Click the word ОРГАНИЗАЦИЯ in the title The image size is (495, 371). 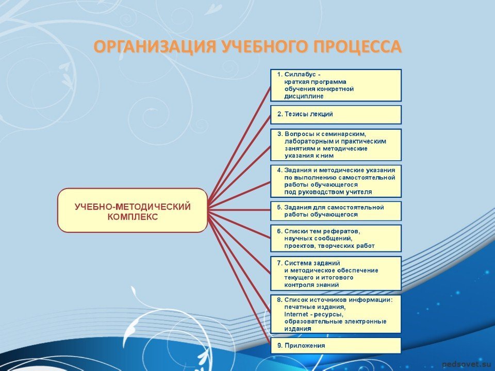[155, 46]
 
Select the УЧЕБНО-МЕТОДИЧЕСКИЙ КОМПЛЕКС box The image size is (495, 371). [133, 210]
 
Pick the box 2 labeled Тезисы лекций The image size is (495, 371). [336, 114]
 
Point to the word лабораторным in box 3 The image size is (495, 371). [304, 141]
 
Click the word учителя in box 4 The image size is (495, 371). [360, 192]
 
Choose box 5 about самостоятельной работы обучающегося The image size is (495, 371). [336, 211]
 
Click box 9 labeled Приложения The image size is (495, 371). [336, 346]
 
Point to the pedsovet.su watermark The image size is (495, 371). [467, 364]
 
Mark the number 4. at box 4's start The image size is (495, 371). [279, 171]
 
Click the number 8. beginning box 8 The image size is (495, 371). [279, 300]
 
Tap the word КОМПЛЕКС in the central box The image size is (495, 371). [133, 217]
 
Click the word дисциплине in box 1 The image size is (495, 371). [304, 96]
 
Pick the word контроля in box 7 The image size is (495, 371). [298, 285]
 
